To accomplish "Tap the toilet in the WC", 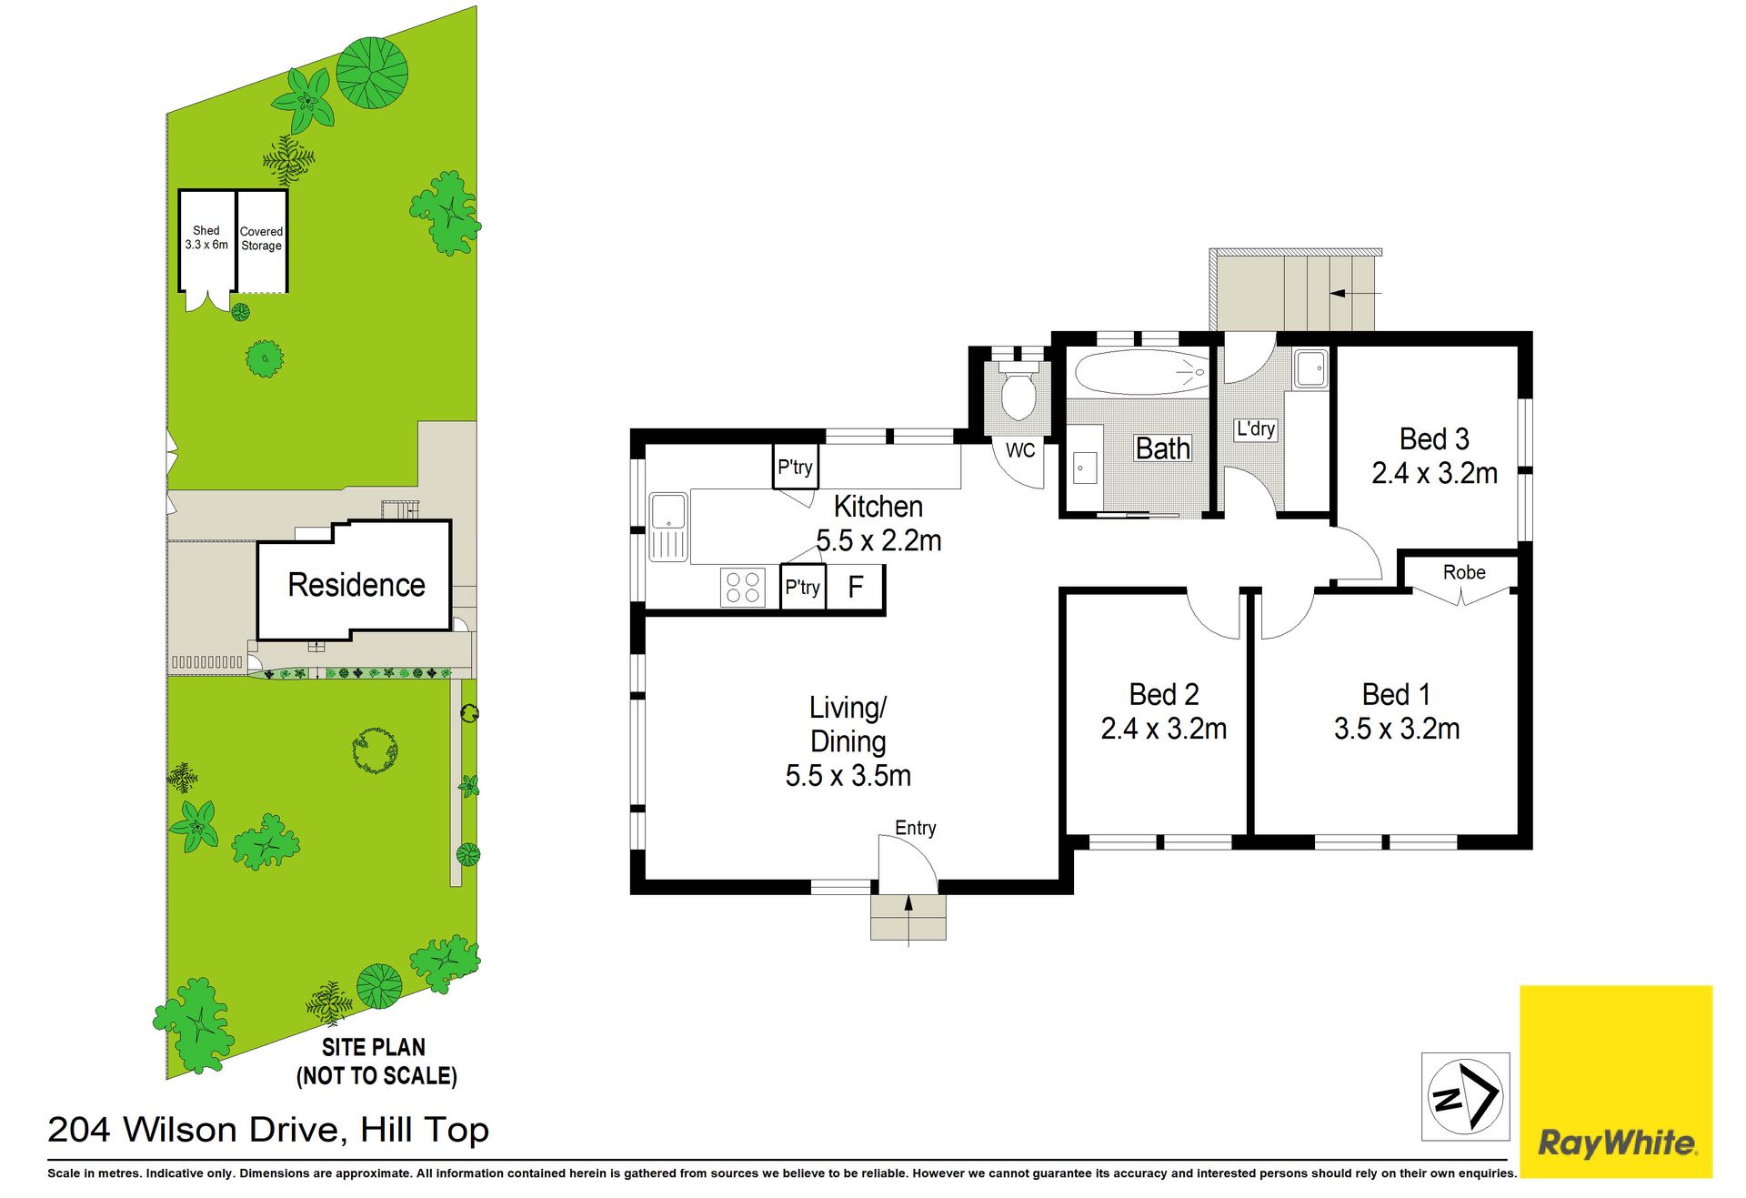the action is [1018, 391].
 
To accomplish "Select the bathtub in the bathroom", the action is [1142, 372].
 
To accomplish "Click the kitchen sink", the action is [668, 527].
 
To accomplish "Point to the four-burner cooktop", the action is [743, 587].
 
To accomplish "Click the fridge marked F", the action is [855, 588].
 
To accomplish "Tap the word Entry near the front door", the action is [915, 828].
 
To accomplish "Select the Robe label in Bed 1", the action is [1464, 572].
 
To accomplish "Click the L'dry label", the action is [1255, 429].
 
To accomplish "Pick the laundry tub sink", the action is [1310, 368].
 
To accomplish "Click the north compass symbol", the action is [1465, 1097].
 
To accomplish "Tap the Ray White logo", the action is [1616, 1082].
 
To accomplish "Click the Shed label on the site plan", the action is [206, 231].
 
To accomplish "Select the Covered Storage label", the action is [261, 238].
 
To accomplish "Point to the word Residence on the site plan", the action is [356, 585].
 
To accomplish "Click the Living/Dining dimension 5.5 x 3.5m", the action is [848, 776].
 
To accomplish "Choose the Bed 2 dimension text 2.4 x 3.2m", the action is [1163, 729].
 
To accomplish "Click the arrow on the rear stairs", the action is [1355, 293].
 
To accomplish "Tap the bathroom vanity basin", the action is [1082, 468].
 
